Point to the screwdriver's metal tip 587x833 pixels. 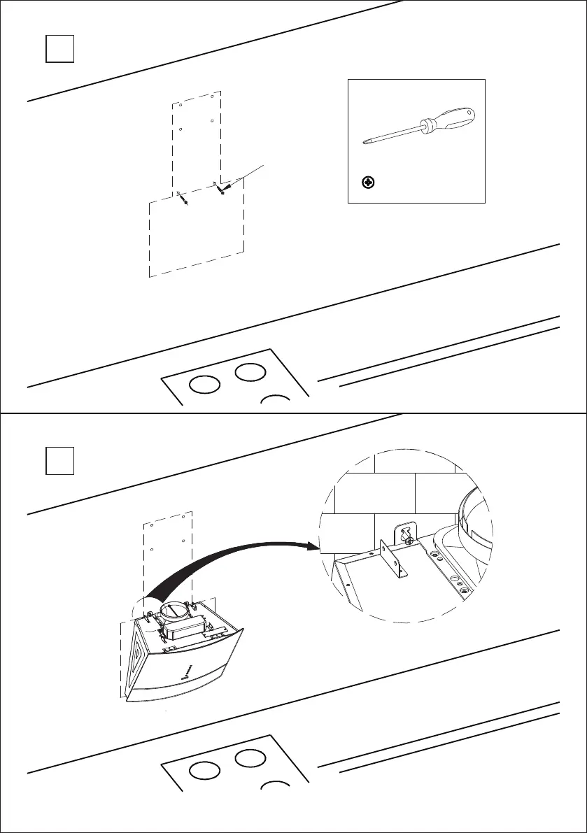[364, 142]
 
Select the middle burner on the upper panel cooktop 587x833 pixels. [250, 372]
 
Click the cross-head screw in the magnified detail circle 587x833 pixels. [404, 537]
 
